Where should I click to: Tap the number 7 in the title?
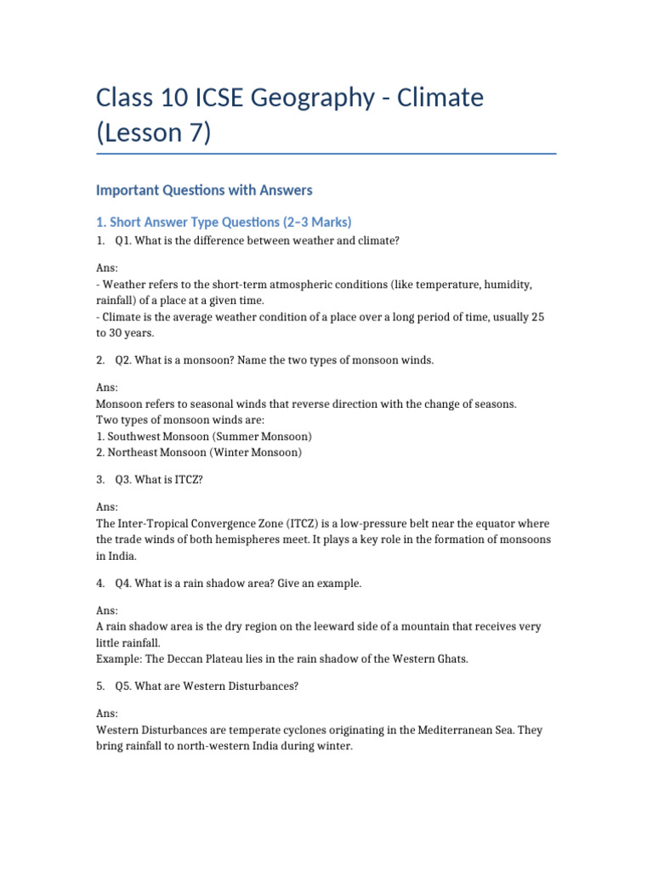pos(193,133)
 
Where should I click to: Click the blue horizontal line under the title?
pos(326,154)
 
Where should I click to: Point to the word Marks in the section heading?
pos(326,222)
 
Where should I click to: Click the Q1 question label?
pos(123,240)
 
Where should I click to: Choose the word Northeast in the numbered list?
pos(137,453)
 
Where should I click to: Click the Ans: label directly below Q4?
pos(107,611)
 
